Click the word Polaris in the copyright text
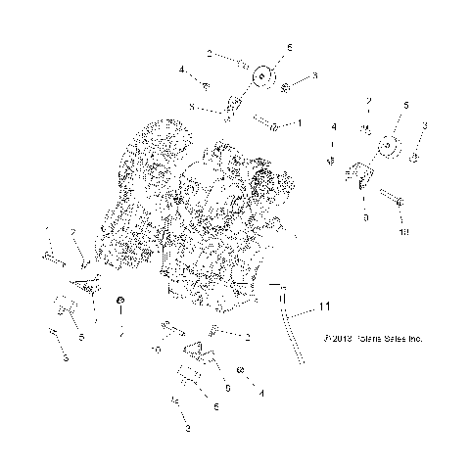tap(372, 340)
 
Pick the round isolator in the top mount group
tap(262, 76)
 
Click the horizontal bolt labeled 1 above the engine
tap(268, 124)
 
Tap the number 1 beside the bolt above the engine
tap(300, 123)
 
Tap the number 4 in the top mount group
tap(181, 70)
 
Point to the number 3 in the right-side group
tap(425, 125)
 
